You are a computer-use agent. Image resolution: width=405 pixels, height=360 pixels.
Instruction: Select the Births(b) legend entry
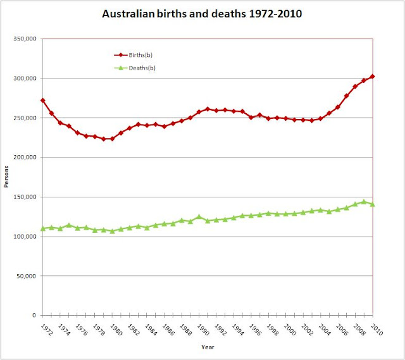(x=131, y=55)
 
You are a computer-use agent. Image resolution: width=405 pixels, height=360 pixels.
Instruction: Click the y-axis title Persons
(x=7, y=177)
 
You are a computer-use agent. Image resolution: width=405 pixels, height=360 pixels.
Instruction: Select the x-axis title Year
(x=208, y=347)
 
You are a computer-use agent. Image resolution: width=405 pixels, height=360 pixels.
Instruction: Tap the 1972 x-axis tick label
(x=44, y=330)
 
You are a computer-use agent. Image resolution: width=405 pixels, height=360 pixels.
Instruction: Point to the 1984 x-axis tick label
(x=147, y=330)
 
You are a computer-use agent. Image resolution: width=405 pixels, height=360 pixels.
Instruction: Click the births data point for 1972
(x=43, y=101)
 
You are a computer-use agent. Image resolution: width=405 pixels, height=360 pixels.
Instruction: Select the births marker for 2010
(x=372, y=77)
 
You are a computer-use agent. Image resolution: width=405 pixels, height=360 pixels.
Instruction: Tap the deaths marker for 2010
(x=372, y=204)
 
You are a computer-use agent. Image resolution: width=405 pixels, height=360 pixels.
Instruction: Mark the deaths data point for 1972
(x=43, y=228)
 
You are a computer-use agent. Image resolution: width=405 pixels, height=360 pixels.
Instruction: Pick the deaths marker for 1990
(x=199, y=216)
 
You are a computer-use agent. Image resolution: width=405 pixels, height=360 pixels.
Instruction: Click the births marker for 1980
(x=112, y=139)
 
